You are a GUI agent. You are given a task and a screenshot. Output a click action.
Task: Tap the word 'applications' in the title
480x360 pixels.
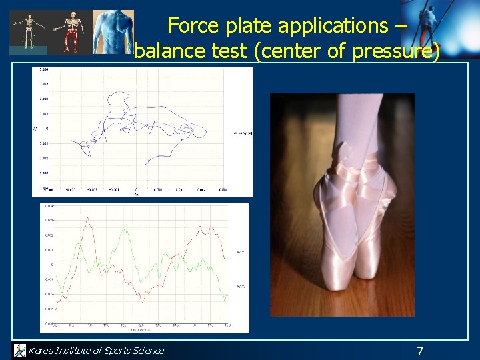(x=333, y=25)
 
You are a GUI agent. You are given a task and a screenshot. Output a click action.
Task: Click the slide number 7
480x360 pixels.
(x=419, y=351)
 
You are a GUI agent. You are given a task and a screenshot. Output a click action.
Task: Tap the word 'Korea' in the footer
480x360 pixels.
(x=42, y=351)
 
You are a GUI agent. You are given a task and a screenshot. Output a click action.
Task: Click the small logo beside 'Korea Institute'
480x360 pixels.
(x=19, y=350)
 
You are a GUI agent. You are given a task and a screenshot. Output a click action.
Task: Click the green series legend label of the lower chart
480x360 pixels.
(x=241, y=286)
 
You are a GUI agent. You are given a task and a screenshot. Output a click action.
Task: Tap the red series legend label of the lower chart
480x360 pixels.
(x=241, y=252)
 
